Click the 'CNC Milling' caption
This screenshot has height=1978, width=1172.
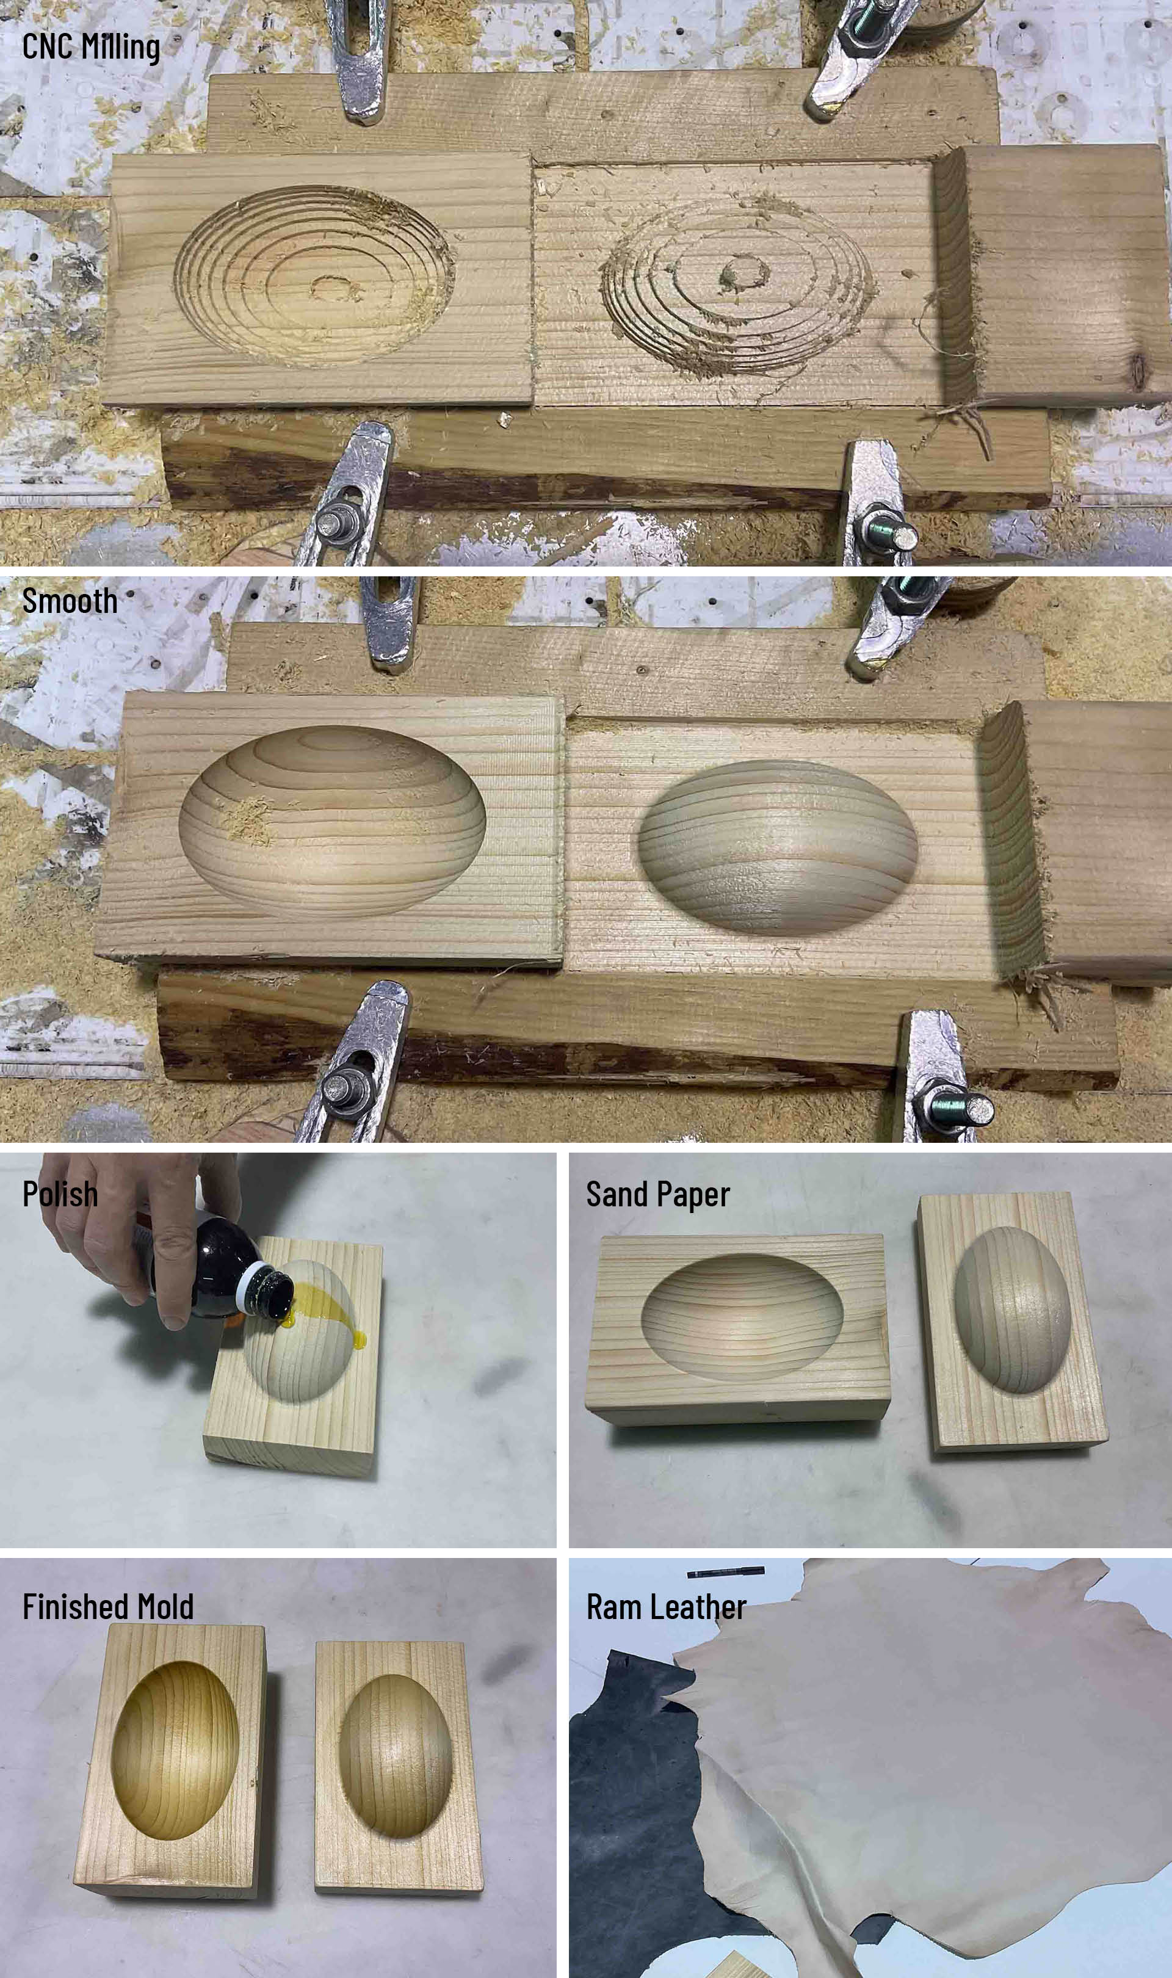click(91, 46)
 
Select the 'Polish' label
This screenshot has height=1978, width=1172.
click(60, 1194)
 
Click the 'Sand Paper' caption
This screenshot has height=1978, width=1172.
click(658, 1195)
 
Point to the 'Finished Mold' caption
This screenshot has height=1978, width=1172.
click(108, 1607)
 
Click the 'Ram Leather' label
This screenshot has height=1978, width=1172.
click(666, 1607)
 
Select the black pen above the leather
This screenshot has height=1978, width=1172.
click(725, 1571)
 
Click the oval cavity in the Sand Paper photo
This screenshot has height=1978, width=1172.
click(742, 1316)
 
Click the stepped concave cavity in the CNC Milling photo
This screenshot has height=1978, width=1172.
click(314, 275)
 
